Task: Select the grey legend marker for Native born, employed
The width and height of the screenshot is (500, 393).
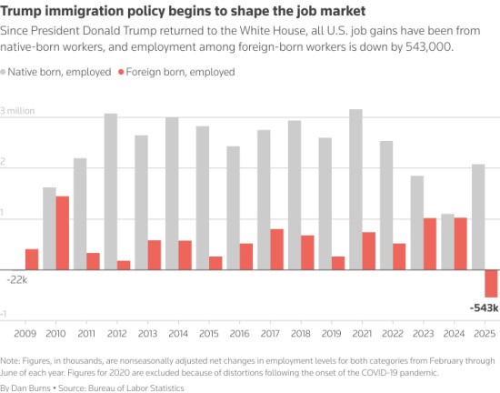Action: pyautogui.click(x=5, y=70)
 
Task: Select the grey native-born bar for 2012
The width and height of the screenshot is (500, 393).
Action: pyautogui.click(x=110, y=191)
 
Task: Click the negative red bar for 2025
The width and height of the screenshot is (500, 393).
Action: pyautogui.click(x=491, y=283)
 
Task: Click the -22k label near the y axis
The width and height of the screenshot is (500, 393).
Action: pyautogui.click(x=16, y=280)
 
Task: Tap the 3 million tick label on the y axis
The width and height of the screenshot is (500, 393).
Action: pyautogui.click(x=17, y=110)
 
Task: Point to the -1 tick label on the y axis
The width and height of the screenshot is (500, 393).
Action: pyautogui.click(x=5, y=314)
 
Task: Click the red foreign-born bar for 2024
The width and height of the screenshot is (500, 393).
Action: pyautogui.click(x=460, y=243)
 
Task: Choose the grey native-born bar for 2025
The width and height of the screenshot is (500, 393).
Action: pyautogui.click(x=478, y=217)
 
